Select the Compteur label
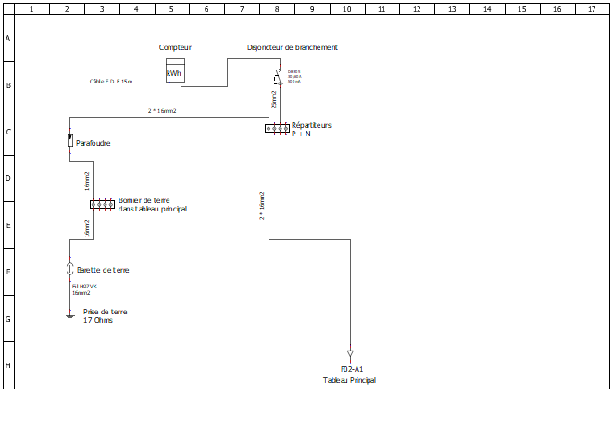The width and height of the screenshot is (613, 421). point(175,47)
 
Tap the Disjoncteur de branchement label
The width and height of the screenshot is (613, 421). point(293,47)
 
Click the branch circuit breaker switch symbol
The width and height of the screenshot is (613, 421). point(277,77)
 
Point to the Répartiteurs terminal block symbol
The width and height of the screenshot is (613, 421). point(277,128)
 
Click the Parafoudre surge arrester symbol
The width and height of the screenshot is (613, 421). point(69,140)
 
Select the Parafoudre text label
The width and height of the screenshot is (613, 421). point(94,143)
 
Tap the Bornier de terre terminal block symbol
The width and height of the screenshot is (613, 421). point(101,204)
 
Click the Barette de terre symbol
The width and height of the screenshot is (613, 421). point(69,269)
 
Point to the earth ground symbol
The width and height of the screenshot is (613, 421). point(69,315)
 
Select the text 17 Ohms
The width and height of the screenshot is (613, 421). point(98,321)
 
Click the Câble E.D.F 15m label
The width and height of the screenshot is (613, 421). point(111,82)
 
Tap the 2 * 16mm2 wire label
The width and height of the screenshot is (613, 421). point(162,111)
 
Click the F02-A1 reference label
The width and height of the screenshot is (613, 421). point(351,370)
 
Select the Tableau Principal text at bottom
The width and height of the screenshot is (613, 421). point(349,380)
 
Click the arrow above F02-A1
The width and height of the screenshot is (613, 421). point(350,354)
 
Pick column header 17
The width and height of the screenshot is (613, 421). point(592,9)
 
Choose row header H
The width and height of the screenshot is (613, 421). point(8,364)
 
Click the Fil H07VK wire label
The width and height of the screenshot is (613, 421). point(84,287)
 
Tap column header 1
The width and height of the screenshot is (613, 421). point(32,9)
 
